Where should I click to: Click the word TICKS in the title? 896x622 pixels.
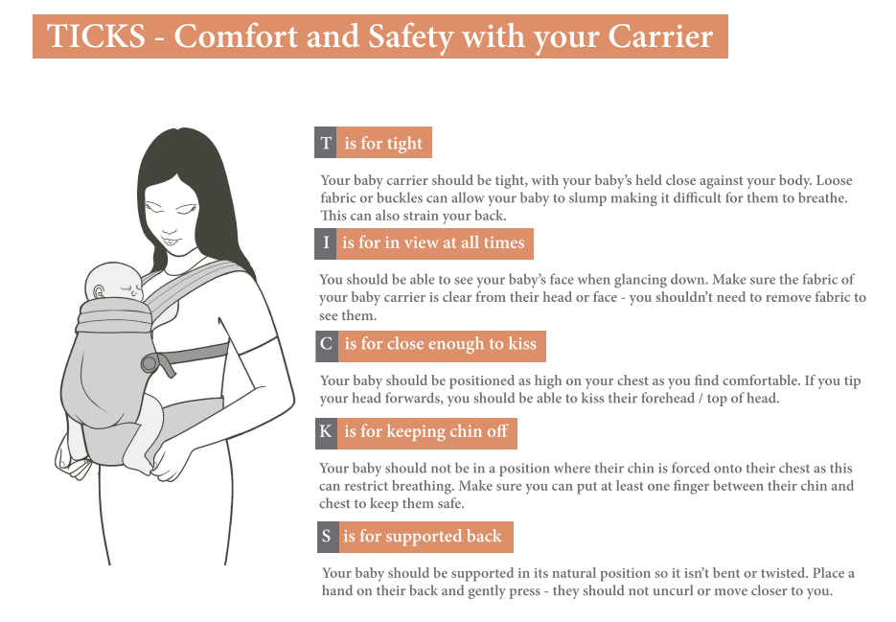(x=96, y=36)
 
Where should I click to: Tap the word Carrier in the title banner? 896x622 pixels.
(x=660, y=36)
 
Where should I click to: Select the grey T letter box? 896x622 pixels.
(x=326, y=143)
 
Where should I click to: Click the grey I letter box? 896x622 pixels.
(x=326, y=243)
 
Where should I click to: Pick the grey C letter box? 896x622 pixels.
(x=327, y=346)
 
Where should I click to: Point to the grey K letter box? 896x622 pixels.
(x=326, y=433)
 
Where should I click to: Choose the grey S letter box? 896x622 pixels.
(x=328, y=537)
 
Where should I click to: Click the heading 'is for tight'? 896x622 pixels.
(x=383, y=143)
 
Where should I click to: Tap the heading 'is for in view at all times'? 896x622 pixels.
(x=433, y=243)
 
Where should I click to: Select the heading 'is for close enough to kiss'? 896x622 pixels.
(x=441, y=344)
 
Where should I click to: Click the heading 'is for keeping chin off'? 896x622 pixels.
(x=425, y=431)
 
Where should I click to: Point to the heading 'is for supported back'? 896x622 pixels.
(x=423, y=537)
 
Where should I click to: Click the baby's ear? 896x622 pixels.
(x=99, y=292)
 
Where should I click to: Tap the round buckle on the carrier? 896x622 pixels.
(x=150, y=363)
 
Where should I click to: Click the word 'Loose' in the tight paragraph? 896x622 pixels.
(x=834, y=180)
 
